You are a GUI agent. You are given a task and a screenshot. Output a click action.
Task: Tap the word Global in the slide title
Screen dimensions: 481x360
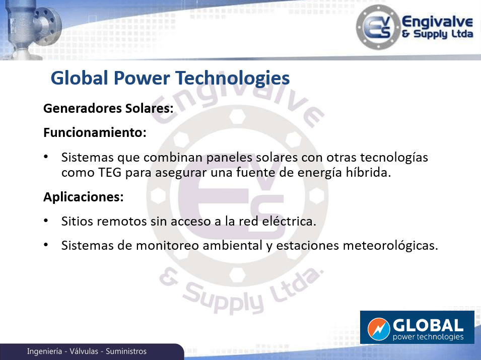pos(79,78)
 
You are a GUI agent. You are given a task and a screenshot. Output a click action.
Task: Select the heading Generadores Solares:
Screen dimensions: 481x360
pos(108,108)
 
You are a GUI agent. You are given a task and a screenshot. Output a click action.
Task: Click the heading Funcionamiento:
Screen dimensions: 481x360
pos(95,132)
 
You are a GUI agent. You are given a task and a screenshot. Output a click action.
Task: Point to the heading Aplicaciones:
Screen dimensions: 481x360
pos(84,197)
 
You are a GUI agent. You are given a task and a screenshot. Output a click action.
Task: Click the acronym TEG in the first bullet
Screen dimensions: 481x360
pos(109,173)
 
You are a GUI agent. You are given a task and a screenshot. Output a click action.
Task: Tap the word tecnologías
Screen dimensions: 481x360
pos(394,158)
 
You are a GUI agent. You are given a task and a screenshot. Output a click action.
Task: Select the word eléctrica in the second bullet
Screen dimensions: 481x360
pos(289,221)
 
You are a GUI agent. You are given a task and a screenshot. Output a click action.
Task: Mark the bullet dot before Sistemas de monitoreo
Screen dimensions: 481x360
pos(46,244)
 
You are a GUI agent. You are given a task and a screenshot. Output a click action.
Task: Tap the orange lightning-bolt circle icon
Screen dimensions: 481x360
pos(379,329)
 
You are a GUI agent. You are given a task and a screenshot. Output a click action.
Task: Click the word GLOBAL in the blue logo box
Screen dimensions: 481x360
pos(428,325)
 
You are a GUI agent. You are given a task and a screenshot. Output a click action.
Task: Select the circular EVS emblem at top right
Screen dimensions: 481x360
pos(378,27)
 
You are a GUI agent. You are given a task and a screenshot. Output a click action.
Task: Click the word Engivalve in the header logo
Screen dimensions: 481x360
pos(438,22)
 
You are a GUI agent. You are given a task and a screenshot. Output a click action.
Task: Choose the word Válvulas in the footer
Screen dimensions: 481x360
pos(84,351)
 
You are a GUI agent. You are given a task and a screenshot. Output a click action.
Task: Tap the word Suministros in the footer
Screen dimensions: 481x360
pos(126,351)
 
